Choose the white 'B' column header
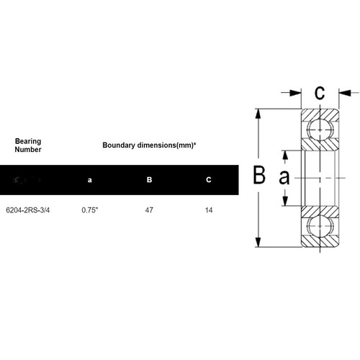tap(149, 179)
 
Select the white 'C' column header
tap(208, 179)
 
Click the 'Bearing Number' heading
tap(28, 146)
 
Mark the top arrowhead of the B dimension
tap(257, 113)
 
